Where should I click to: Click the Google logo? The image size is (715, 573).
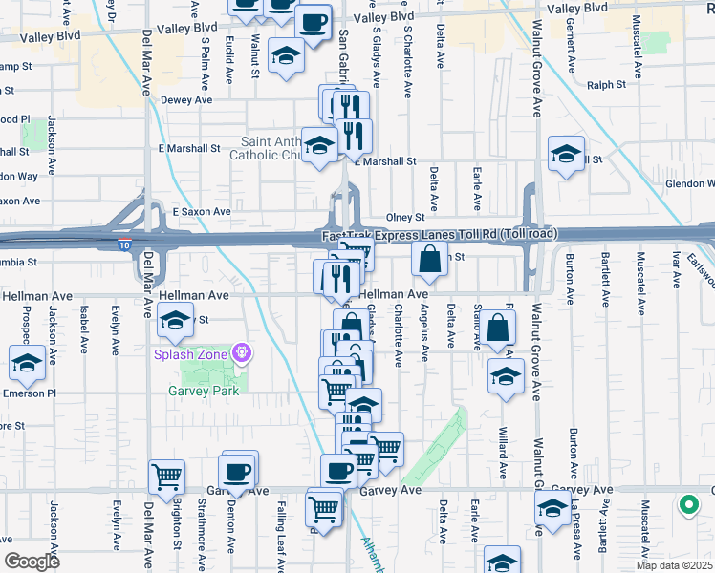pyautogui.click(x=32, y=562)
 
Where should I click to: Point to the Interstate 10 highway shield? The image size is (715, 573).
pyautogui.click(x=122, y=245)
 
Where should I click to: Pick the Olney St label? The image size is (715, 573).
pyautogui.click(x=404, y=218)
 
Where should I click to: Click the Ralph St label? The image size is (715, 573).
pyautogui.click(x=606, y=85)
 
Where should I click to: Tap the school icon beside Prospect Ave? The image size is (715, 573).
pyautogui.click(x=27, y=363)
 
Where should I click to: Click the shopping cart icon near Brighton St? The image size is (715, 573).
pyautogui.click(x=166, y=476)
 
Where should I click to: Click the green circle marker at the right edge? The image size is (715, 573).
pyautogui.click(x=687, y=504)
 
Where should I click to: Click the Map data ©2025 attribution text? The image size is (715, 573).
pyautogui.click(x=673, y=565)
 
